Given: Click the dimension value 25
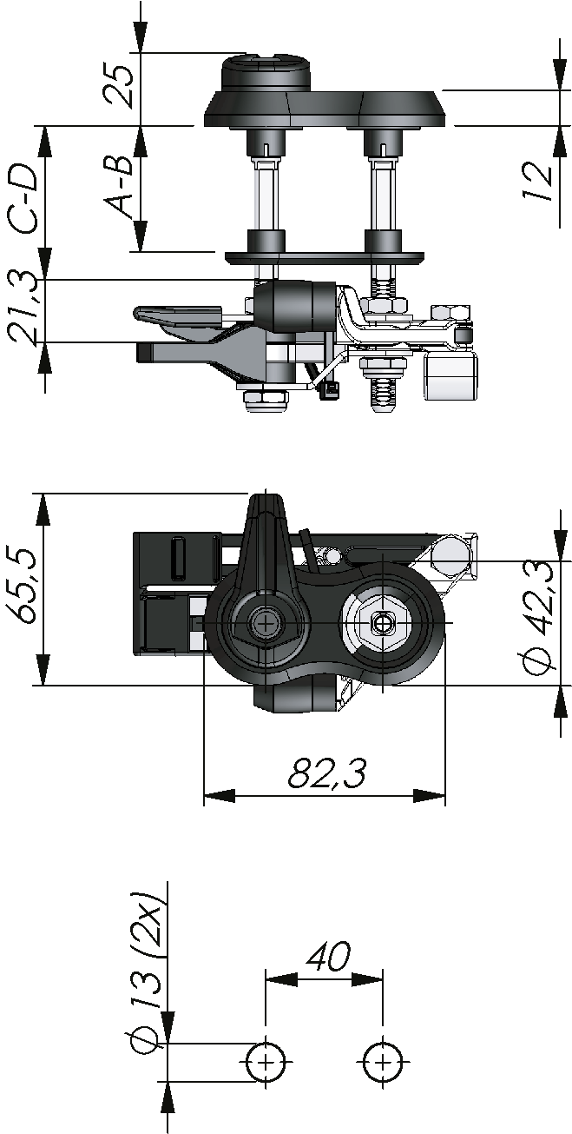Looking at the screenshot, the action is [x=118, y=86].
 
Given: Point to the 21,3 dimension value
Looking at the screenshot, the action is [x=23, y=308].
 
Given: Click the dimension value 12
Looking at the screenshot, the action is [x=537, y=182].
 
